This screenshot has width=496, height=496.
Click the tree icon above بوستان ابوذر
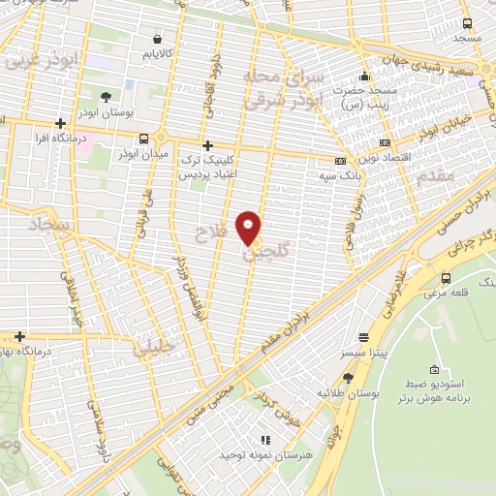point(106,96)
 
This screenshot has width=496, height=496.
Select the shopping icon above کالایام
point(157,40)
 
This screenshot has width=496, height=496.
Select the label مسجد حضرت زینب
point(365,96)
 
